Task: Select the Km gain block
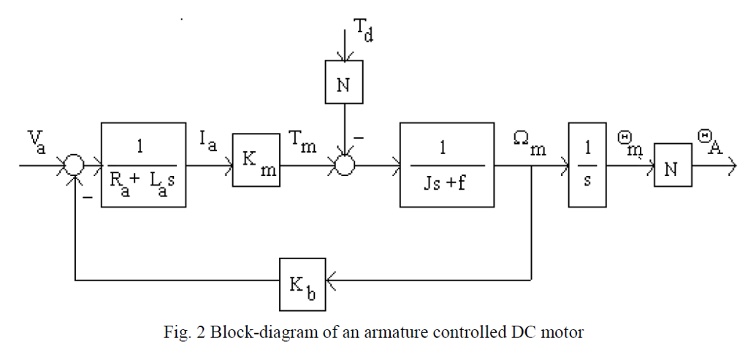click(256, 160)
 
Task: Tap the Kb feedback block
click(302, 281)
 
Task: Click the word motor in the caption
click(563, 333)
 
